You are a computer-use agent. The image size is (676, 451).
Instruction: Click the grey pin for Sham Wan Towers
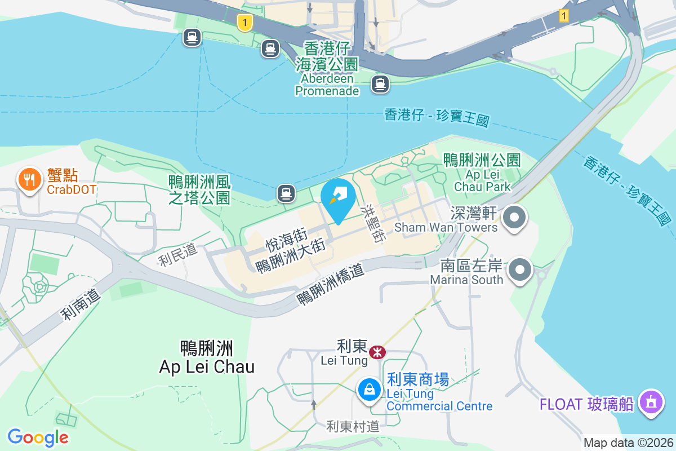click(514, 218)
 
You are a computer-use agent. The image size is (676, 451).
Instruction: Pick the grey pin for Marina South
click(521, 270)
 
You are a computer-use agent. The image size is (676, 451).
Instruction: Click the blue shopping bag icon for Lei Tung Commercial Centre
click(369, 390)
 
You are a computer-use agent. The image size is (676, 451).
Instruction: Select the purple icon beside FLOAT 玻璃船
click(652, 403)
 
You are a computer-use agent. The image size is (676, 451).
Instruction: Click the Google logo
click(38, 437)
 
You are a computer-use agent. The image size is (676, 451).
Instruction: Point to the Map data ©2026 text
click(628, 443)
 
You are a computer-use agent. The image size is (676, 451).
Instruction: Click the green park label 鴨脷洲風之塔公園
click(199, 189)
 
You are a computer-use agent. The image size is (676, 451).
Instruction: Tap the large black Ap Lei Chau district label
click(207, 357)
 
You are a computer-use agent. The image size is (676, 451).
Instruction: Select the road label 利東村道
click(353, 426)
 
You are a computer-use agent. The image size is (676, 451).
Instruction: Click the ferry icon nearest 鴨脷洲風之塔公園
click(286, 194)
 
